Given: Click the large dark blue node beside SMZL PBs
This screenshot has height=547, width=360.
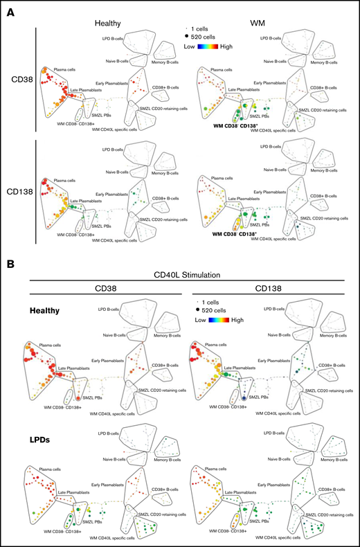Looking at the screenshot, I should click(244, 400).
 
